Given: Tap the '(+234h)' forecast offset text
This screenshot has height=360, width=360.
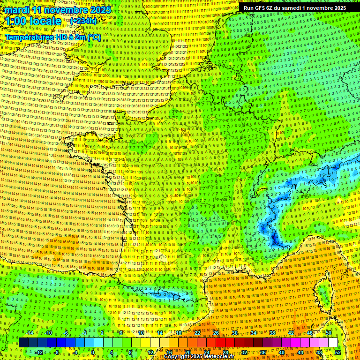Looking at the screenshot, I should (83, 21).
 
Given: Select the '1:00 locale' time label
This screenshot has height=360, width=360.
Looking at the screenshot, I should (33, 21).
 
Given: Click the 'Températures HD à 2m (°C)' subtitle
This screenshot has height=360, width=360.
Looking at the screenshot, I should (52, 37).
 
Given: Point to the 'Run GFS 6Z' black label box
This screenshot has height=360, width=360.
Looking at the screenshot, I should (295, 8).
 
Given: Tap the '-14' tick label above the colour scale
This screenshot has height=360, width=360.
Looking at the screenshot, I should (30, 333).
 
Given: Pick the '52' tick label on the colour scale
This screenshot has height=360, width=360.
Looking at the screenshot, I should (338, 352).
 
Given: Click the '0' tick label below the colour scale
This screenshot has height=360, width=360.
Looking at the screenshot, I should (93, 352).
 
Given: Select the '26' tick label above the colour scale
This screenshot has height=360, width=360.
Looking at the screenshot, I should (216, 333).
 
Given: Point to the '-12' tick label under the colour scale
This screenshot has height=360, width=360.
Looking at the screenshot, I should (38, 352).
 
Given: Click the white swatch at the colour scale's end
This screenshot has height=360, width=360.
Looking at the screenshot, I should (333, 343).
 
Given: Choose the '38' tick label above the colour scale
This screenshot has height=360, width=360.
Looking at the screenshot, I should (272, 333).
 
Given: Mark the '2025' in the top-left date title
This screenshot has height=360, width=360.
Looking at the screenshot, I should (100, 10).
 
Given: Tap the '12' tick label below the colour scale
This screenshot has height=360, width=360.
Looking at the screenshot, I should (150, 352).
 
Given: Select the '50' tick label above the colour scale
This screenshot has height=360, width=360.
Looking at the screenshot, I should (329, 333).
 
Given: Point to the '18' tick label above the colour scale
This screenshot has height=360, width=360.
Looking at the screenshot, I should (179, 333).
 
